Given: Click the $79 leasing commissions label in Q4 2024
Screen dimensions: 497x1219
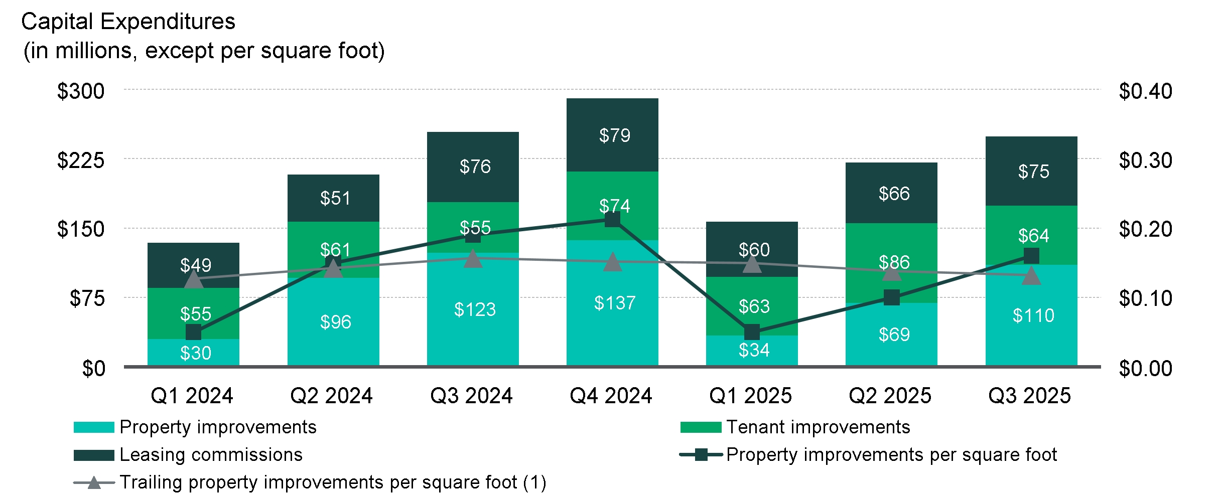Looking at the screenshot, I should pyautogui.click(x=614, y=135).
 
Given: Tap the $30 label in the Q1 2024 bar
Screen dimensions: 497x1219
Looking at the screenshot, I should pyautogui.click(x=195, y=353).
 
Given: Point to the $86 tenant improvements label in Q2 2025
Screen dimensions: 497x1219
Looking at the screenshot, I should pyautogui.click(x=894, y=262).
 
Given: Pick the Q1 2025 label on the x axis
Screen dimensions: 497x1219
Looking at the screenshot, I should pyautogui.click(x=750, y=396).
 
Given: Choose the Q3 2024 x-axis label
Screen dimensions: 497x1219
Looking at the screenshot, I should pyautogui.click(x=471, y=396).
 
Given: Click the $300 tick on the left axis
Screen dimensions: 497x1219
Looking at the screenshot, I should pyautogui.click(x=81, y=91).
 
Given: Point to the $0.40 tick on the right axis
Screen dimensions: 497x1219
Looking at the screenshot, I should pyautogui.click(x=1145, y=91).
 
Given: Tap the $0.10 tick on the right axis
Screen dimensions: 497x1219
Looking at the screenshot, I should pyautogui.click(x=1145, y=298).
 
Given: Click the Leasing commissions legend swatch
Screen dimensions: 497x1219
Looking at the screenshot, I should pyautogui.click(x=94, y=455).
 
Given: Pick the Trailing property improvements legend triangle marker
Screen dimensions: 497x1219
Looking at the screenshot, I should pyautogui.click(x=94, y=483).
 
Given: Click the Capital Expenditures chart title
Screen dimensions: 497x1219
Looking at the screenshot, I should pyautogui.click(x=128, y=22).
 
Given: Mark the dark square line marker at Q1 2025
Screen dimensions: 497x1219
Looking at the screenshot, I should pyautogui.click(x=752, y=332).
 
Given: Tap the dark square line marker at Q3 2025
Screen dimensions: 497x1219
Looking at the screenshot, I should pyautogui.click(x=1031, y=256).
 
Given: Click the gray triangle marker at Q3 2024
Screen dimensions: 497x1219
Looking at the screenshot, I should pyautogui.click(x=473, y=259).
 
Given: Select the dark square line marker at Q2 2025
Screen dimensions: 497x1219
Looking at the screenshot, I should pyautogui.click(x=892, y=297).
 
